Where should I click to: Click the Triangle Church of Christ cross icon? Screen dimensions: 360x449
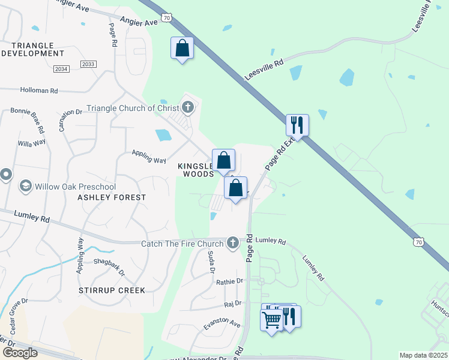188,108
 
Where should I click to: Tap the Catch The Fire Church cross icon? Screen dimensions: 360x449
233,243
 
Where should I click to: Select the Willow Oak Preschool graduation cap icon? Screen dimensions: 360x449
26,185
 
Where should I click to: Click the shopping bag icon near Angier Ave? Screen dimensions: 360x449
182,47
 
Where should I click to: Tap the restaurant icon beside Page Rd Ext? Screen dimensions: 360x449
297,125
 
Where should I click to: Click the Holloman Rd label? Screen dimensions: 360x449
38,91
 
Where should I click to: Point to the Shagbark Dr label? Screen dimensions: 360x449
109,266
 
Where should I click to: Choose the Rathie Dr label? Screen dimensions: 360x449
231,281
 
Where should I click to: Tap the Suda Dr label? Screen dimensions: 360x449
211,262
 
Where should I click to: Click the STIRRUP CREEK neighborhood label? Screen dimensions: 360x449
112,290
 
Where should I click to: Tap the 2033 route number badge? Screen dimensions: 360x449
88,64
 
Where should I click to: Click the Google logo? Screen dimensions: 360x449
19,353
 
